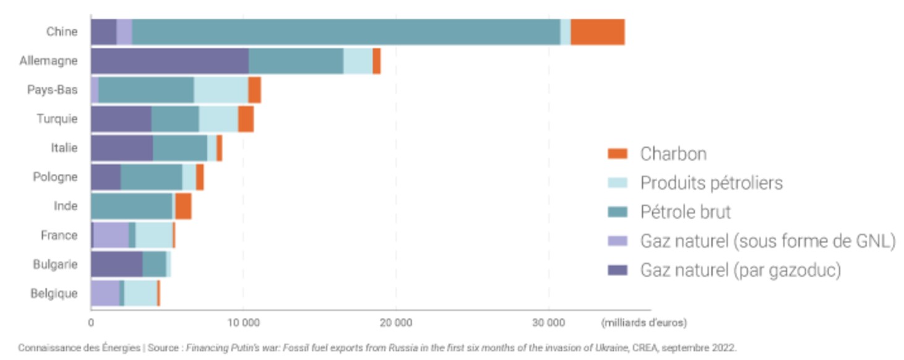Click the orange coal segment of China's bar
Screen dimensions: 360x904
coord(597,32)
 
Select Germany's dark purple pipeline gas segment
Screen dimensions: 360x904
coord(170,61)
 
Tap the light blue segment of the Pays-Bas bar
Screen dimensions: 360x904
coord(221,90)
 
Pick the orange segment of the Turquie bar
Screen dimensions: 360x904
coord(246,119)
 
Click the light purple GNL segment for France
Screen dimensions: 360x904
coord(111,235)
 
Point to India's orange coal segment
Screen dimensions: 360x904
coord(183,206)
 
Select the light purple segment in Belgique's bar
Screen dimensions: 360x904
coord(105,293)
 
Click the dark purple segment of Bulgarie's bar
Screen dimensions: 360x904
coord(116,264)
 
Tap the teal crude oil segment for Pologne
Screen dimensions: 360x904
coord(151,177)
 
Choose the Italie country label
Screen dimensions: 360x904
coord(64,148)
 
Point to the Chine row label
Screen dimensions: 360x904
coord(62,32)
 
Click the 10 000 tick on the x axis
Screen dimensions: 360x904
coord(243,323)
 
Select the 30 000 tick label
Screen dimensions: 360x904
coord(548,323)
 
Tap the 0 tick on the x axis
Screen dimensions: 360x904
coord(91,323)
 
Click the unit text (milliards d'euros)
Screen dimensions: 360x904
coord(644,323)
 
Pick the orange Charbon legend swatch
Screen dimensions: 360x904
coord(618,153)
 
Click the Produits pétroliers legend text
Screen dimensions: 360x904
coord(711,183)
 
